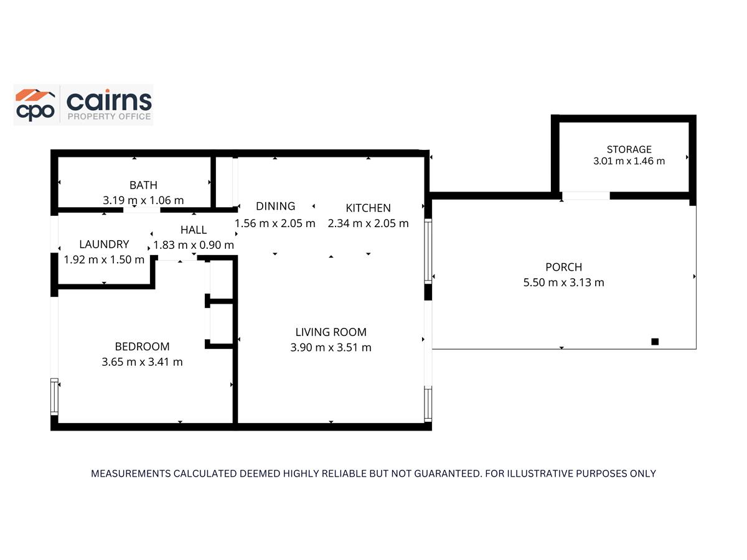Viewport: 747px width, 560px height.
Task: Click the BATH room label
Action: [143, 185]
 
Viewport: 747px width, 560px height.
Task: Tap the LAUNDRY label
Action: [104, 245]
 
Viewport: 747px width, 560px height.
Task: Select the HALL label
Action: [194, 230]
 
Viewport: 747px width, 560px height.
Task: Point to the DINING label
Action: [275, 207]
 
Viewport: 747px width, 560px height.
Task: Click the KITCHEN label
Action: [368, 208]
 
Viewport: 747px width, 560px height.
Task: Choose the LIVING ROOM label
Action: [331, 332]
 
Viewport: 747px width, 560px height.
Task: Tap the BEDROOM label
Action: [142, 347]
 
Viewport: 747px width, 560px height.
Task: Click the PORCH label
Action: [563, 267]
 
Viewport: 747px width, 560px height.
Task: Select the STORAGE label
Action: [629, 149]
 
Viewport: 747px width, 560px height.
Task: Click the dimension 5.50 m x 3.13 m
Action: [563, 282]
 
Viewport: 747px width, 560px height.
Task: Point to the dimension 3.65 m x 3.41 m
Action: [142, 362]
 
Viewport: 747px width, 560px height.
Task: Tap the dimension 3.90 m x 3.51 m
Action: [331, 347]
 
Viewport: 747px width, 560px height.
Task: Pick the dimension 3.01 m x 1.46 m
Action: [629, 161]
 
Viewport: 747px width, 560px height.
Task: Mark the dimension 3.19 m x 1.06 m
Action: [143, 200]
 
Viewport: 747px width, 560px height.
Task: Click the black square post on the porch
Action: [654, 341]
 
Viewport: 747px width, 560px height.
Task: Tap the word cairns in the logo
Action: [108, 100]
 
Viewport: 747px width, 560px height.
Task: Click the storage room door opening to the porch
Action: [586, 195]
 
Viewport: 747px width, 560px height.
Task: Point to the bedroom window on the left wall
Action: [55, 397]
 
